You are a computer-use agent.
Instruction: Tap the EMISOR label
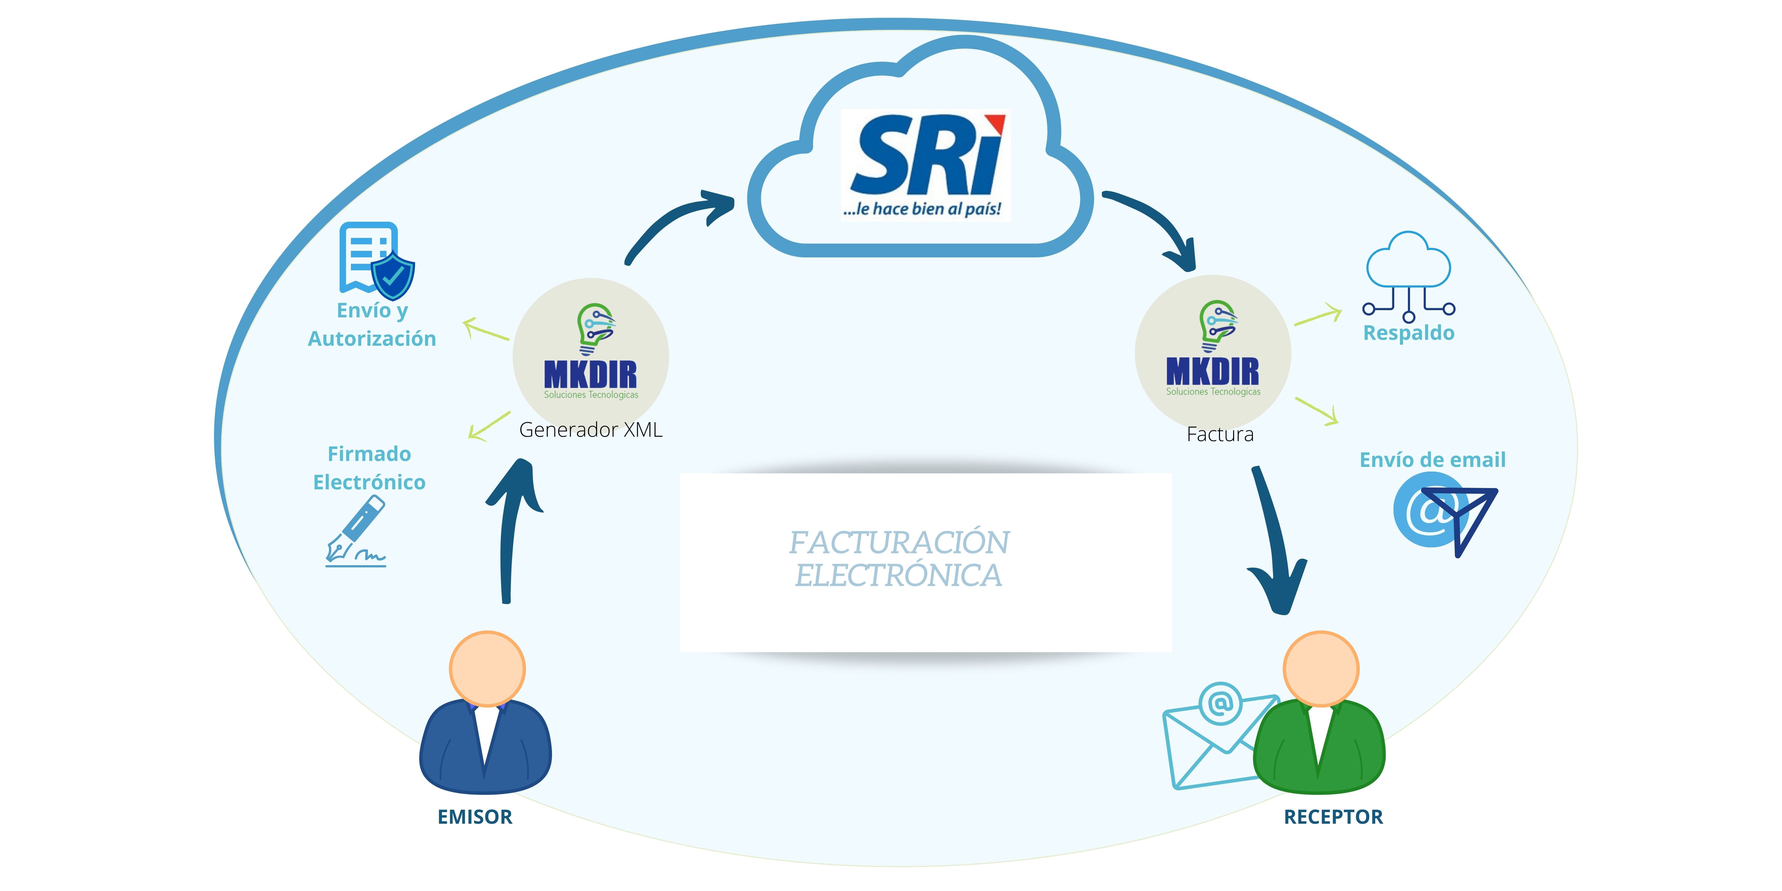point(475,817)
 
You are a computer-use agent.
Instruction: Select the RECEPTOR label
point(1333,817)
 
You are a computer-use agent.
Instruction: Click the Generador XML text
point(590,430)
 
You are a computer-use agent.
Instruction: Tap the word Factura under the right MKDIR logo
point(1220,434)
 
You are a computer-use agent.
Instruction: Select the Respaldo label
point(1408,333)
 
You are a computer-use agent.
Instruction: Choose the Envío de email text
point(1432,460)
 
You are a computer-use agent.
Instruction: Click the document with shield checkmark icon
point(376,259)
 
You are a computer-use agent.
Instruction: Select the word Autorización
point(372,339)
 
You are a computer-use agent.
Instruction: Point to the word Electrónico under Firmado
point(369,482)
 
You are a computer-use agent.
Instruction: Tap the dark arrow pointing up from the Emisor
point(512,533)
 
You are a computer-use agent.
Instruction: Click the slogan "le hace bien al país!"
point(922,209)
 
